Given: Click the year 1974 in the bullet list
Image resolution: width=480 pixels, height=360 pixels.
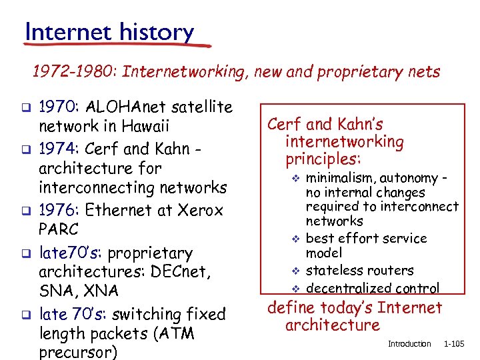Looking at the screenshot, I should point(57,148).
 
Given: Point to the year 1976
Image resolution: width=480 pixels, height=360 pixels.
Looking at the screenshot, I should point(57,210).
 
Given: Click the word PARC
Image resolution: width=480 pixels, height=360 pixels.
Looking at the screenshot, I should point(59,230).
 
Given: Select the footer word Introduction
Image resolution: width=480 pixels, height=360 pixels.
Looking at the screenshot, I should point(409,344).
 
